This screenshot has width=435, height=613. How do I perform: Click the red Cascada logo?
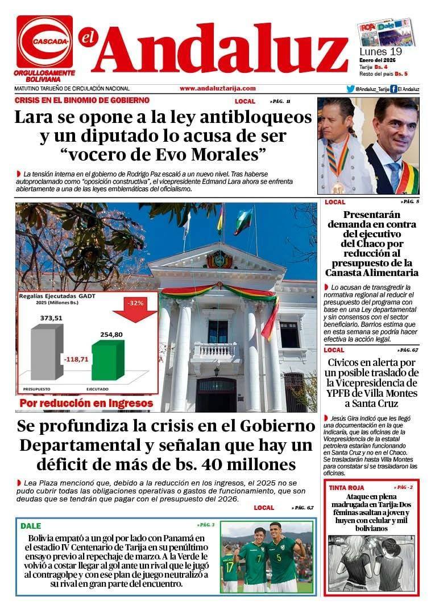click(x=44, y=42)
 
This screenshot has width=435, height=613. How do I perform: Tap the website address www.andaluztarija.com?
click(x=217, y=88)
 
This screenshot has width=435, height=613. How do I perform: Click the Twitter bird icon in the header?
click(x=350, y=89)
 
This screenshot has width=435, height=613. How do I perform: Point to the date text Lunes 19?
click(x=380, y=51)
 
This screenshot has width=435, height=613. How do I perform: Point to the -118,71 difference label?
click(x=75, y=360)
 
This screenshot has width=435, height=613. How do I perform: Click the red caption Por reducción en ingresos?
click(x=86, y=404)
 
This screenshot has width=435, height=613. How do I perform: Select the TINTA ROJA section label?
click(x=346, y=488)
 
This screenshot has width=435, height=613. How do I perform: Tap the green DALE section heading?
click(x=31, y=526)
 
